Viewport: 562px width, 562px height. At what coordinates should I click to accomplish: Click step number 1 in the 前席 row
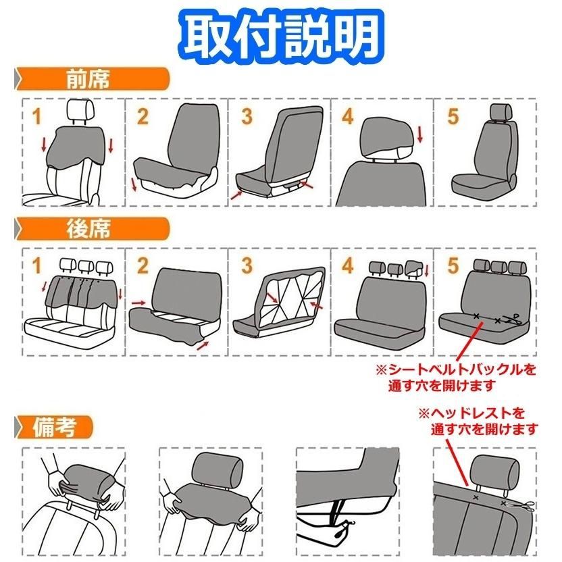[x=37, y=117]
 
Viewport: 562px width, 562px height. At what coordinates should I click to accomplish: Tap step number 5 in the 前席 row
[x=452, y=116]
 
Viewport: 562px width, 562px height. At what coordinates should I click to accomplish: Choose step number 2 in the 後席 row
[x=143, y=266]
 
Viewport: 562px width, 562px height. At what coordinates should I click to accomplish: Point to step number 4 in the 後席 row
[x=348, y=266]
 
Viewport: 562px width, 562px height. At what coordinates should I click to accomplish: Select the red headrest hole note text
[x=477, y=420]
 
